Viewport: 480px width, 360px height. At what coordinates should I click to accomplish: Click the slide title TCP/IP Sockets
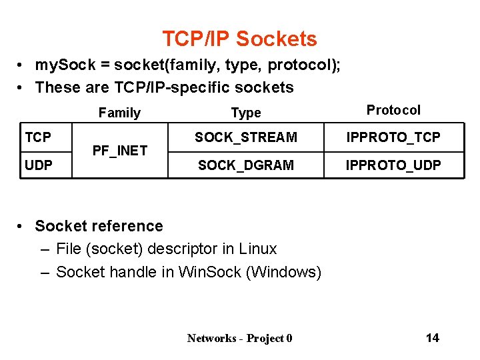coord(239,39)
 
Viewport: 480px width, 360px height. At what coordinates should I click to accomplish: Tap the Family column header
coord(119,113)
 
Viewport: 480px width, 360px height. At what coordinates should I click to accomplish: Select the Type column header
coord(246,113)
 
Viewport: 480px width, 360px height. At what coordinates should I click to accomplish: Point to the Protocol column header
coord(393,110)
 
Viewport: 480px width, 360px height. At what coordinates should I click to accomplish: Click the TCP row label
coord(38,137)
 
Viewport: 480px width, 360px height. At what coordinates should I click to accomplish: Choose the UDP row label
coord(39,165)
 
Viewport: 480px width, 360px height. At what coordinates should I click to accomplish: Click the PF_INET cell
coord(119,151)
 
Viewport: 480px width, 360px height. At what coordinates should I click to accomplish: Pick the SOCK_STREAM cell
coord(246,137)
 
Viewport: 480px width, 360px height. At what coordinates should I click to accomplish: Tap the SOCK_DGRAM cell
coord(246,165)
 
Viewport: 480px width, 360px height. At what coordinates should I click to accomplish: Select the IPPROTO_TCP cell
coord(393,137)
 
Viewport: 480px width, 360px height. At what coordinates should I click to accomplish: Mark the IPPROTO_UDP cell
coord(393,165)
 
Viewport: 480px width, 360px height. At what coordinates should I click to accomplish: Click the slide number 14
coord(432,337)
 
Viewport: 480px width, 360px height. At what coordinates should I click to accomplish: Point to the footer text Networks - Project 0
coord(239,338)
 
